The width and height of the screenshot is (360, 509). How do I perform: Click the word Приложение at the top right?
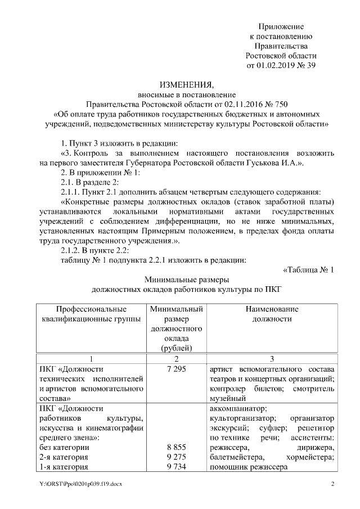coord(281,26)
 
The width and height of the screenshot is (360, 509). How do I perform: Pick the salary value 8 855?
coord(176,447)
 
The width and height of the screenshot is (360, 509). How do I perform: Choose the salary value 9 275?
coord(176,457)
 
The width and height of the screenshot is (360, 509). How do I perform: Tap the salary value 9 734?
coord(176,467)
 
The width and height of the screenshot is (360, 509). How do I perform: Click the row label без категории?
coord(64,447)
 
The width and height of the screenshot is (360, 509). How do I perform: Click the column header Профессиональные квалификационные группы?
coord(91,314)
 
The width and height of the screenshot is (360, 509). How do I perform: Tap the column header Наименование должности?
coord(272,314)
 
